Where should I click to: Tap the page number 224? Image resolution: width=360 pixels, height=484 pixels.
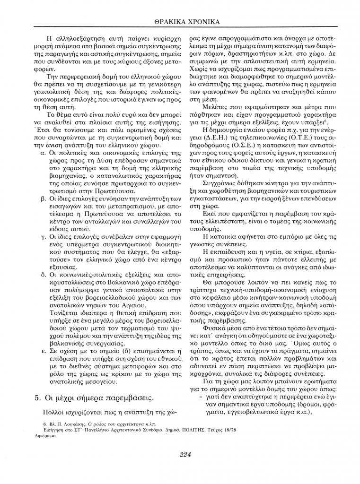(185, 455)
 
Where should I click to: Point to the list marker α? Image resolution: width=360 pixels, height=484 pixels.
(43, 155)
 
